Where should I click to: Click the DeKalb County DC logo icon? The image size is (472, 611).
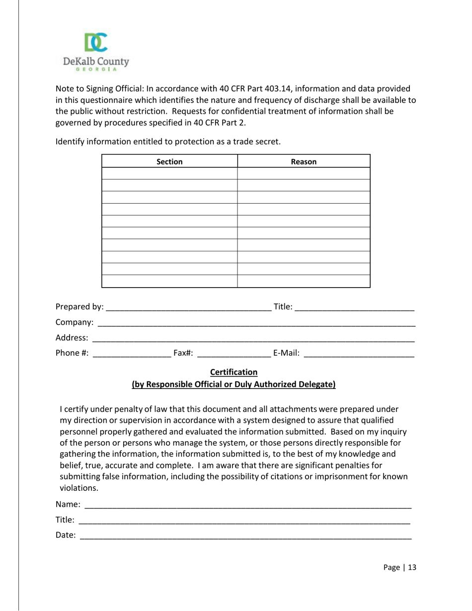[x=96, y=43]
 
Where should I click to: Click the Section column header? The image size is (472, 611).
[x=169, y=161]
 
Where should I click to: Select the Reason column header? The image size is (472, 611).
[x=304, y=161]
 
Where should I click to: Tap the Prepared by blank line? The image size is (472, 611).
[x=189, y=307]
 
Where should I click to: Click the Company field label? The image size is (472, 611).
[x=74, y=322]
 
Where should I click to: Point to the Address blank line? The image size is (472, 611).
[x=253, y=339]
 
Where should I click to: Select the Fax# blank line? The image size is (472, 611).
[x=234, y=354]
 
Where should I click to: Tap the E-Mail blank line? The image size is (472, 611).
[x=359, y=354]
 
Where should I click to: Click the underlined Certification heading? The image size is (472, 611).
[x=234, y=372]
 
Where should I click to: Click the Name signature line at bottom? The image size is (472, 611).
[x=247, y=505]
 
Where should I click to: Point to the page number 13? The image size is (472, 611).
[x=412, y=567]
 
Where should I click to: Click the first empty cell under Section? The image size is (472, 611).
[x=169, y=173]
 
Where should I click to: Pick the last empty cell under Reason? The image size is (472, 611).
[x=304, y=281]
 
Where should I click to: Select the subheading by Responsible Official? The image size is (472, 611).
[x=234, y=384]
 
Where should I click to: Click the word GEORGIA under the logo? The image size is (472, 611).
[x=96, y=70]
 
